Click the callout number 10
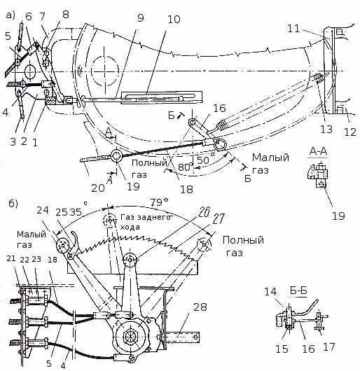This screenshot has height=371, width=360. (x=174, y=19)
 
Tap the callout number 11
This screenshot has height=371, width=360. (x=293, y=29)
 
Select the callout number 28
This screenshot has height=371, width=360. (x=200, y=307)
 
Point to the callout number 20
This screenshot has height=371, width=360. (x=98, y=188)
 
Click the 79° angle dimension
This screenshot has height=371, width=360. (x=159, y=202)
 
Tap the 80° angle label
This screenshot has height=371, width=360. (x=186, y=167)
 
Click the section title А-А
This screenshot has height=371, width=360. (x=319, y=151)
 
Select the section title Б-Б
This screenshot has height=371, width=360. (x=298, y=290)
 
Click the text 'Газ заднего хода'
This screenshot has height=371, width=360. (x=145, y=222)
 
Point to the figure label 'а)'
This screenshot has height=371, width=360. (x=11, y=15)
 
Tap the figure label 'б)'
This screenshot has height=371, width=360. (x=13, y=204)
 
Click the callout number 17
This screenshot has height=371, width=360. (x=329, y=347)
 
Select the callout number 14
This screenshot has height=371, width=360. (x=270, y=291)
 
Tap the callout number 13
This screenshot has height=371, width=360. (x=326, y=129)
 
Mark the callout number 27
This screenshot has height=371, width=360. (x=219, y=218)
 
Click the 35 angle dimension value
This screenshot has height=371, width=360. (x=76, y=212)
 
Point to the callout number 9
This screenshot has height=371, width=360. (x=141, y=18)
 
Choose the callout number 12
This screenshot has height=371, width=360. (x=350, y=132)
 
